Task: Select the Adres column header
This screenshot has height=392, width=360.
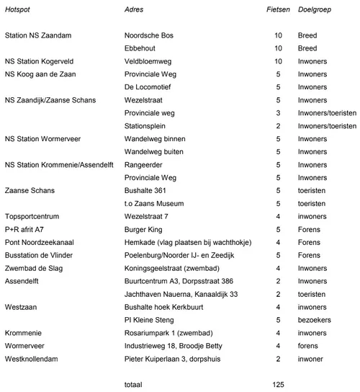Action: point(135,9)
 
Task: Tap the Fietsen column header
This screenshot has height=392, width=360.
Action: point(278,9)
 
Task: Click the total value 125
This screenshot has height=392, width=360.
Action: point(280,385)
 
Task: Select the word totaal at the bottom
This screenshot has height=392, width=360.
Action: point(134,385)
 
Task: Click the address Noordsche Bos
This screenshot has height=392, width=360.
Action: point(149,35)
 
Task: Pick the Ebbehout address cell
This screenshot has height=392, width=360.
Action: point(142,48)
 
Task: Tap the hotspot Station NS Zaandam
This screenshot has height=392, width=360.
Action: point(37,35)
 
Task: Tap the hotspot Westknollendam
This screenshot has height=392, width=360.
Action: point(32,359)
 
